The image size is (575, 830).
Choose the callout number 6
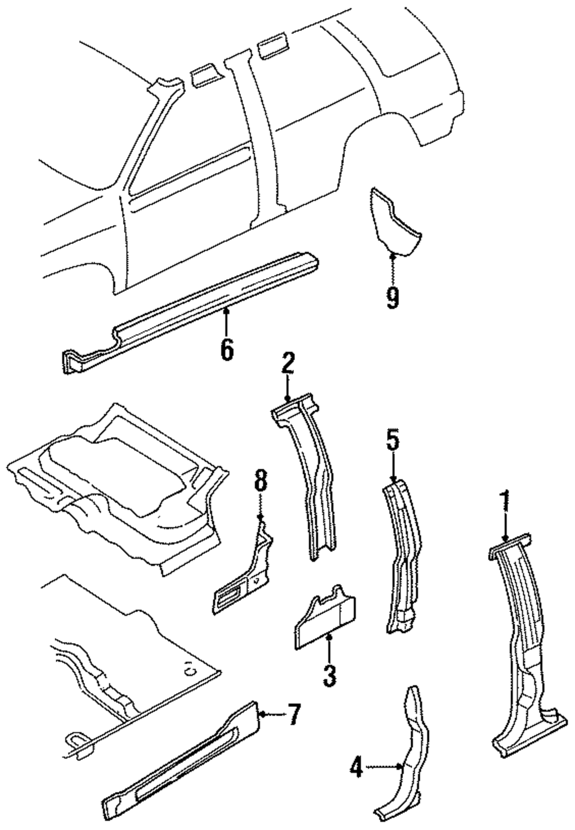pos(227,349)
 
